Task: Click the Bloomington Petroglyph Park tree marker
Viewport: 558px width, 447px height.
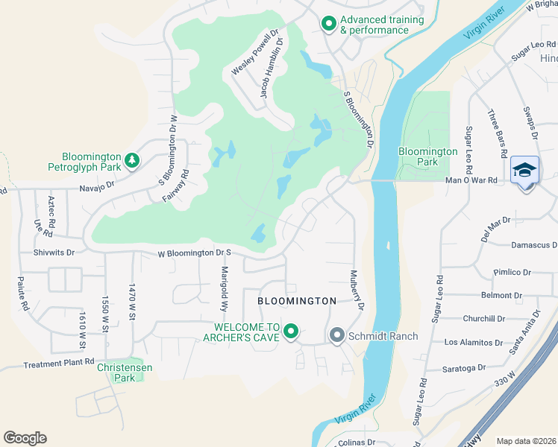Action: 131,161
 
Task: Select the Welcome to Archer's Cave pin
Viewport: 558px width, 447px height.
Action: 291,332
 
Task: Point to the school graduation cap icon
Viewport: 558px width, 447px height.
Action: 525,171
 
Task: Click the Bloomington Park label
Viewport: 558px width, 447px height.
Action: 427,156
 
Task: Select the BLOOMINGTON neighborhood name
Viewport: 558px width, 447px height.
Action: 297,300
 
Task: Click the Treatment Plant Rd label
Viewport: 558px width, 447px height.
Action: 59,364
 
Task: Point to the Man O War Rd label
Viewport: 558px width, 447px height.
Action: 471,180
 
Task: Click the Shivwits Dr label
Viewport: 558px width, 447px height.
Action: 54,253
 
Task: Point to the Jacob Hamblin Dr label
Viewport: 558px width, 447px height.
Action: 272,69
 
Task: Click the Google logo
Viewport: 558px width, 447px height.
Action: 25,438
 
